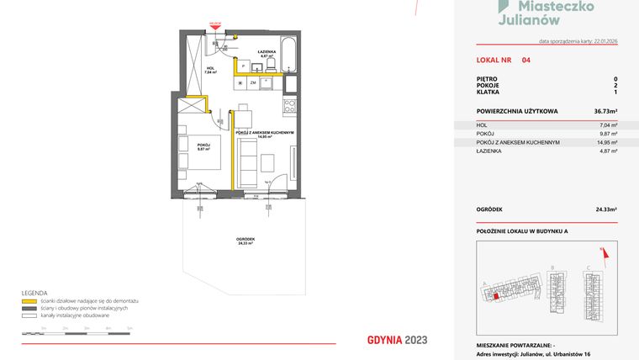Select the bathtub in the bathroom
tap(288, 54)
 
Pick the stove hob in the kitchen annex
tap(288, 106)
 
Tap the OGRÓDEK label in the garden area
tap(246, 240)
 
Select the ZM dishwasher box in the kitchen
tap(252, 82)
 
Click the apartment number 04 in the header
tap(525, 61)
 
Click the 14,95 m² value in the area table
tap(609, 142)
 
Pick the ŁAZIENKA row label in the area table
tap(489, 151)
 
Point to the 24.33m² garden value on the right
tap(605, 209)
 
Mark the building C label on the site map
tap(589, 268)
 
